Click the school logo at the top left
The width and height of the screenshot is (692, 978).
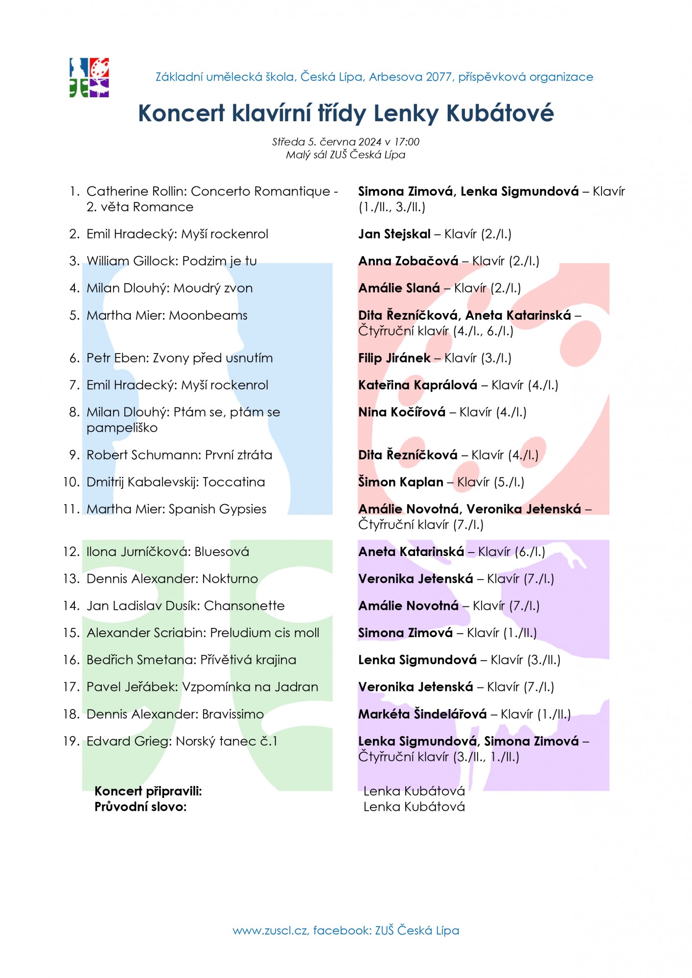(x=89, y=77)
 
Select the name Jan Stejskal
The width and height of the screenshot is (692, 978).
(x=394, y=234)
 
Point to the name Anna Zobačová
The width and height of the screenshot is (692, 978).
(x=408, y=261)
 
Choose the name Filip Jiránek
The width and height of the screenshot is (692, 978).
(x=394, y=358)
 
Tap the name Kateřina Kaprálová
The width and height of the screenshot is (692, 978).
(x=417, y=385)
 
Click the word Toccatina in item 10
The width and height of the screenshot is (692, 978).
(x=233, y=482)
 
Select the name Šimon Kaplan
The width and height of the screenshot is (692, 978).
(x=400, y=482)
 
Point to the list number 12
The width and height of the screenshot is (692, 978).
(x=71, y=552)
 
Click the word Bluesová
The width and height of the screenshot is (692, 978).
(x=222, y=552)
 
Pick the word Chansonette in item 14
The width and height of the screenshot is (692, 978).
(x=244, y=606)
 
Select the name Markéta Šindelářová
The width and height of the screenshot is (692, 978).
(x=422, y=714)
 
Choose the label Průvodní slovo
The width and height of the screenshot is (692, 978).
(x=140, y=807)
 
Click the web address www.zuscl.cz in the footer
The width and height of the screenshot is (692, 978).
(x=270, y=931)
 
